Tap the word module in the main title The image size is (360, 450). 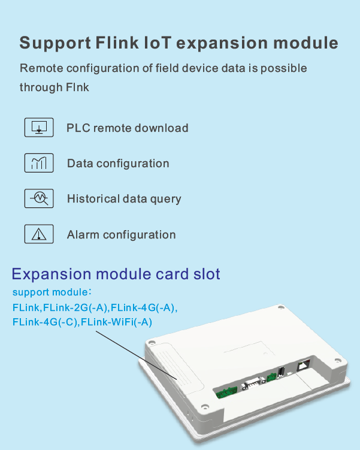point(305,43)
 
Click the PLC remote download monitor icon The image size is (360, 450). point(39,128)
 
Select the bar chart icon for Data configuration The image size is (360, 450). point(39,163)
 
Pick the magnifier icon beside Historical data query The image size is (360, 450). point(39,198)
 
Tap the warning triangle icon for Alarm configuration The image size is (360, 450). point(39,234)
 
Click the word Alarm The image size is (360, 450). point(83,234)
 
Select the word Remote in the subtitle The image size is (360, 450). point(41,68)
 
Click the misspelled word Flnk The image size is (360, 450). point(77,87)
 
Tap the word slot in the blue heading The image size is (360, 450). point(207,273)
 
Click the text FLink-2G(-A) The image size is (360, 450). point(75,307)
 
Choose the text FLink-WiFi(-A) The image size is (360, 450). point(116,322)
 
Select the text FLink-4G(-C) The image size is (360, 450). point(45,322)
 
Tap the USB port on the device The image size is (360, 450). point(281,372)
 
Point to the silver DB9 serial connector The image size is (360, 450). point(252,383)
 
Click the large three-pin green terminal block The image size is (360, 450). point(226,392)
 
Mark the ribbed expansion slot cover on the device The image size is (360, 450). point(175,367)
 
